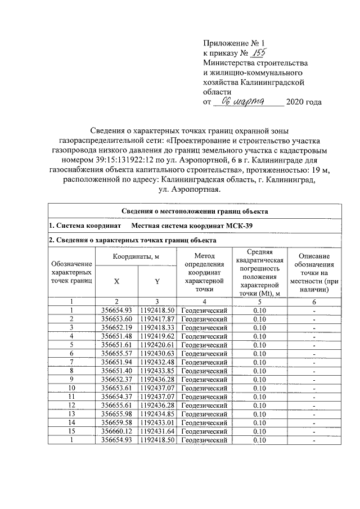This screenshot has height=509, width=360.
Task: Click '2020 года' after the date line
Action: point(304,102)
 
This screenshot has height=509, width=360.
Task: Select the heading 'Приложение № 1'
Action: point(233,43)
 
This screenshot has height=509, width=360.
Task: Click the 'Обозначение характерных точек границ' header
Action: point(71,273)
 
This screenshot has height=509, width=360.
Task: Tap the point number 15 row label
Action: point(71,430)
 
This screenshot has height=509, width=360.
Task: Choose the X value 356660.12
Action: point(116,430)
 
